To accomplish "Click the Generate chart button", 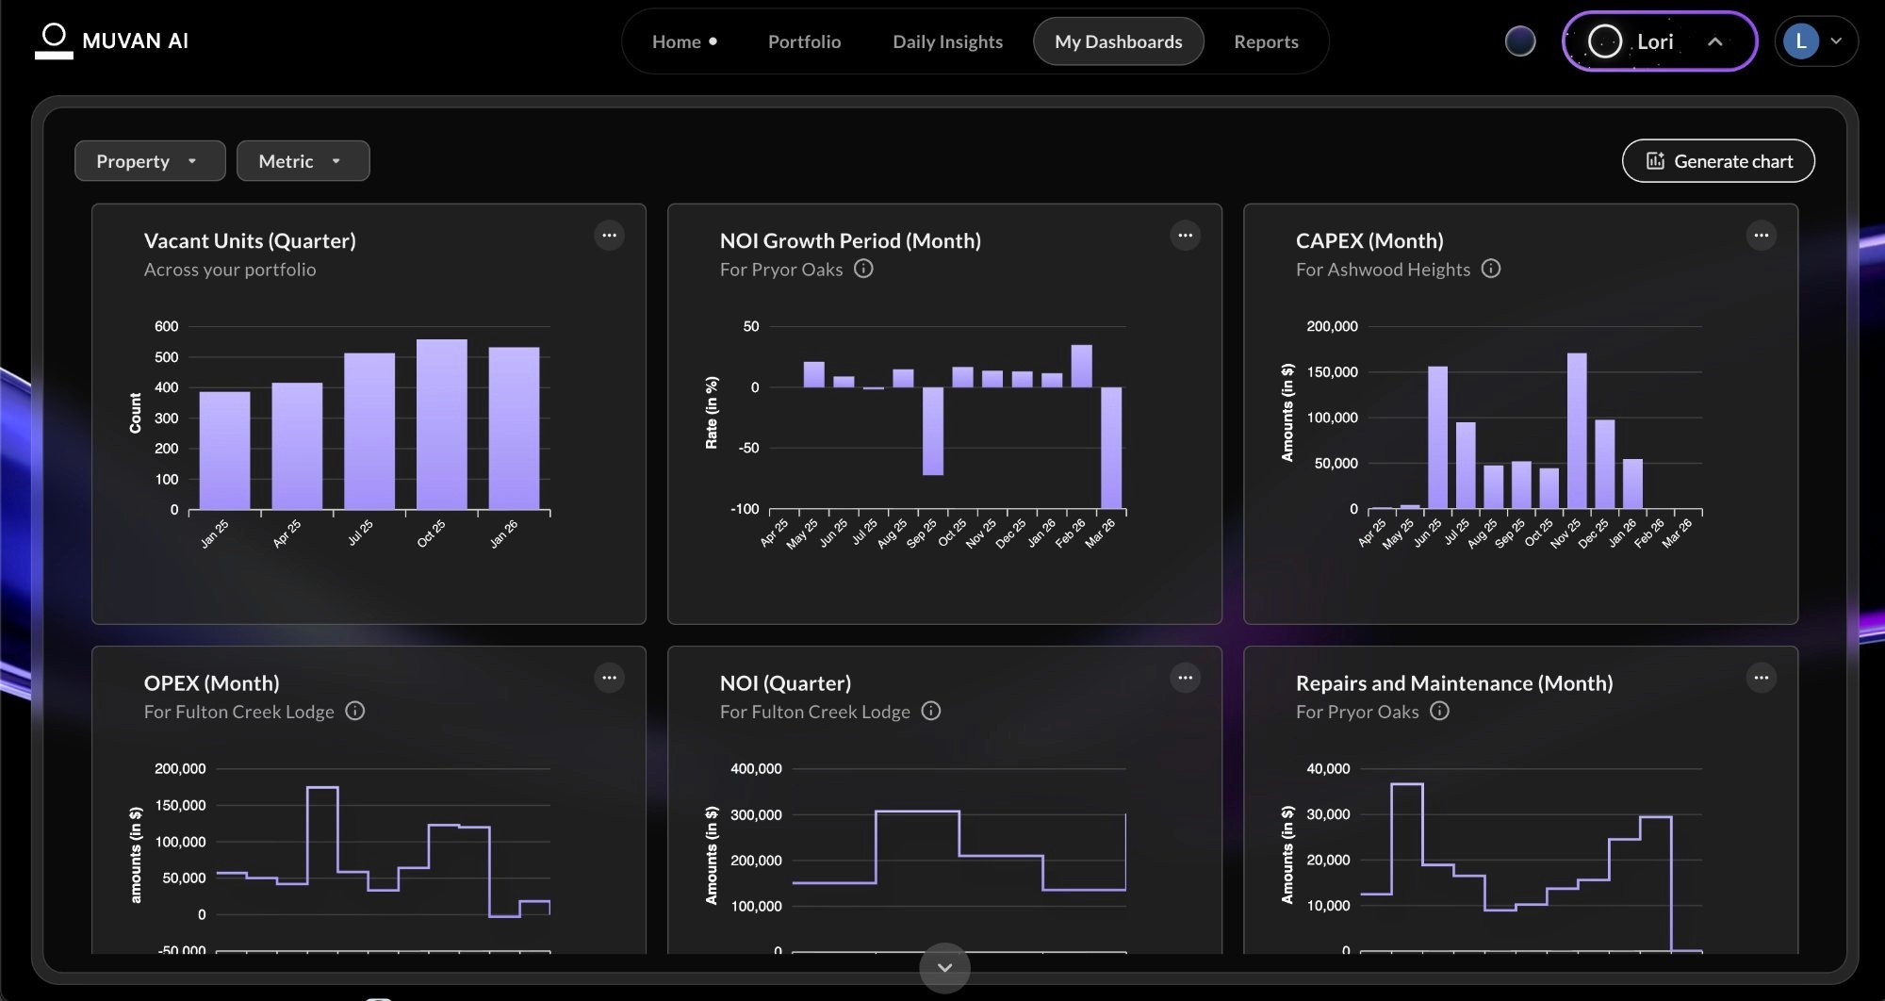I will pyautogui.click(x=1718, y=161).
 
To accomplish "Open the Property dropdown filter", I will pyautogui.click(x=149, y=161).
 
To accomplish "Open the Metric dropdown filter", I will pyautogui.click(x=302, y=161).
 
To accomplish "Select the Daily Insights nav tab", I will pyautogui.click(x=947, y=41).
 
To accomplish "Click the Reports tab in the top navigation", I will pyautogui.click(x=1266, y=41).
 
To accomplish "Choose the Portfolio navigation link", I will pyautogui.click(x=804, y=41).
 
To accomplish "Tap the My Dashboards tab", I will pyautogui.click(x=1118, y=41).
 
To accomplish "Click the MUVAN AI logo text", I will pyautogui.click(x=135, y=41).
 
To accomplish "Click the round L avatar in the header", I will pyautogui.click(x=1801, y=41).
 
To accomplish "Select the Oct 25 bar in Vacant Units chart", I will pyautogui.click(x=441, y=424).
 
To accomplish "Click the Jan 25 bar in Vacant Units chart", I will pyautogui.click(x=224, y=451).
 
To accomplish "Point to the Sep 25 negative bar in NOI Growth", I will pyautogui.click(x=932, y=431).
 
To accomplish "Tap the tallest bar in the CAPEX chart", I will pyautogui.click(x=1576, y=431).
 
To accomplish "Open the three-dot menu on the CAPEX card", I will pyautogui.click(x=1761, y=236).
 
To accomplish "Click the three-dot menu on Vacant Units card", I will pyautogui.click(x=609, y=236).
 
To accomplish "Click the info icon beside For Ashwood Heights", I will pyautogui.click(x=1490, y=269).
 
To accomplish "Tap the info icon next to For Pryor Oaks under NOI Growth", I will pyautogui.click(x=862, y=269).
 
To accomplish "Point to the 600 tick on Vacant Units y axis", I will pyautogui.click(x=166, y=326).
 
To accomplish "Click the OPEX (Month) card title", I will pyautogui.click(x=211, y=682).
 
